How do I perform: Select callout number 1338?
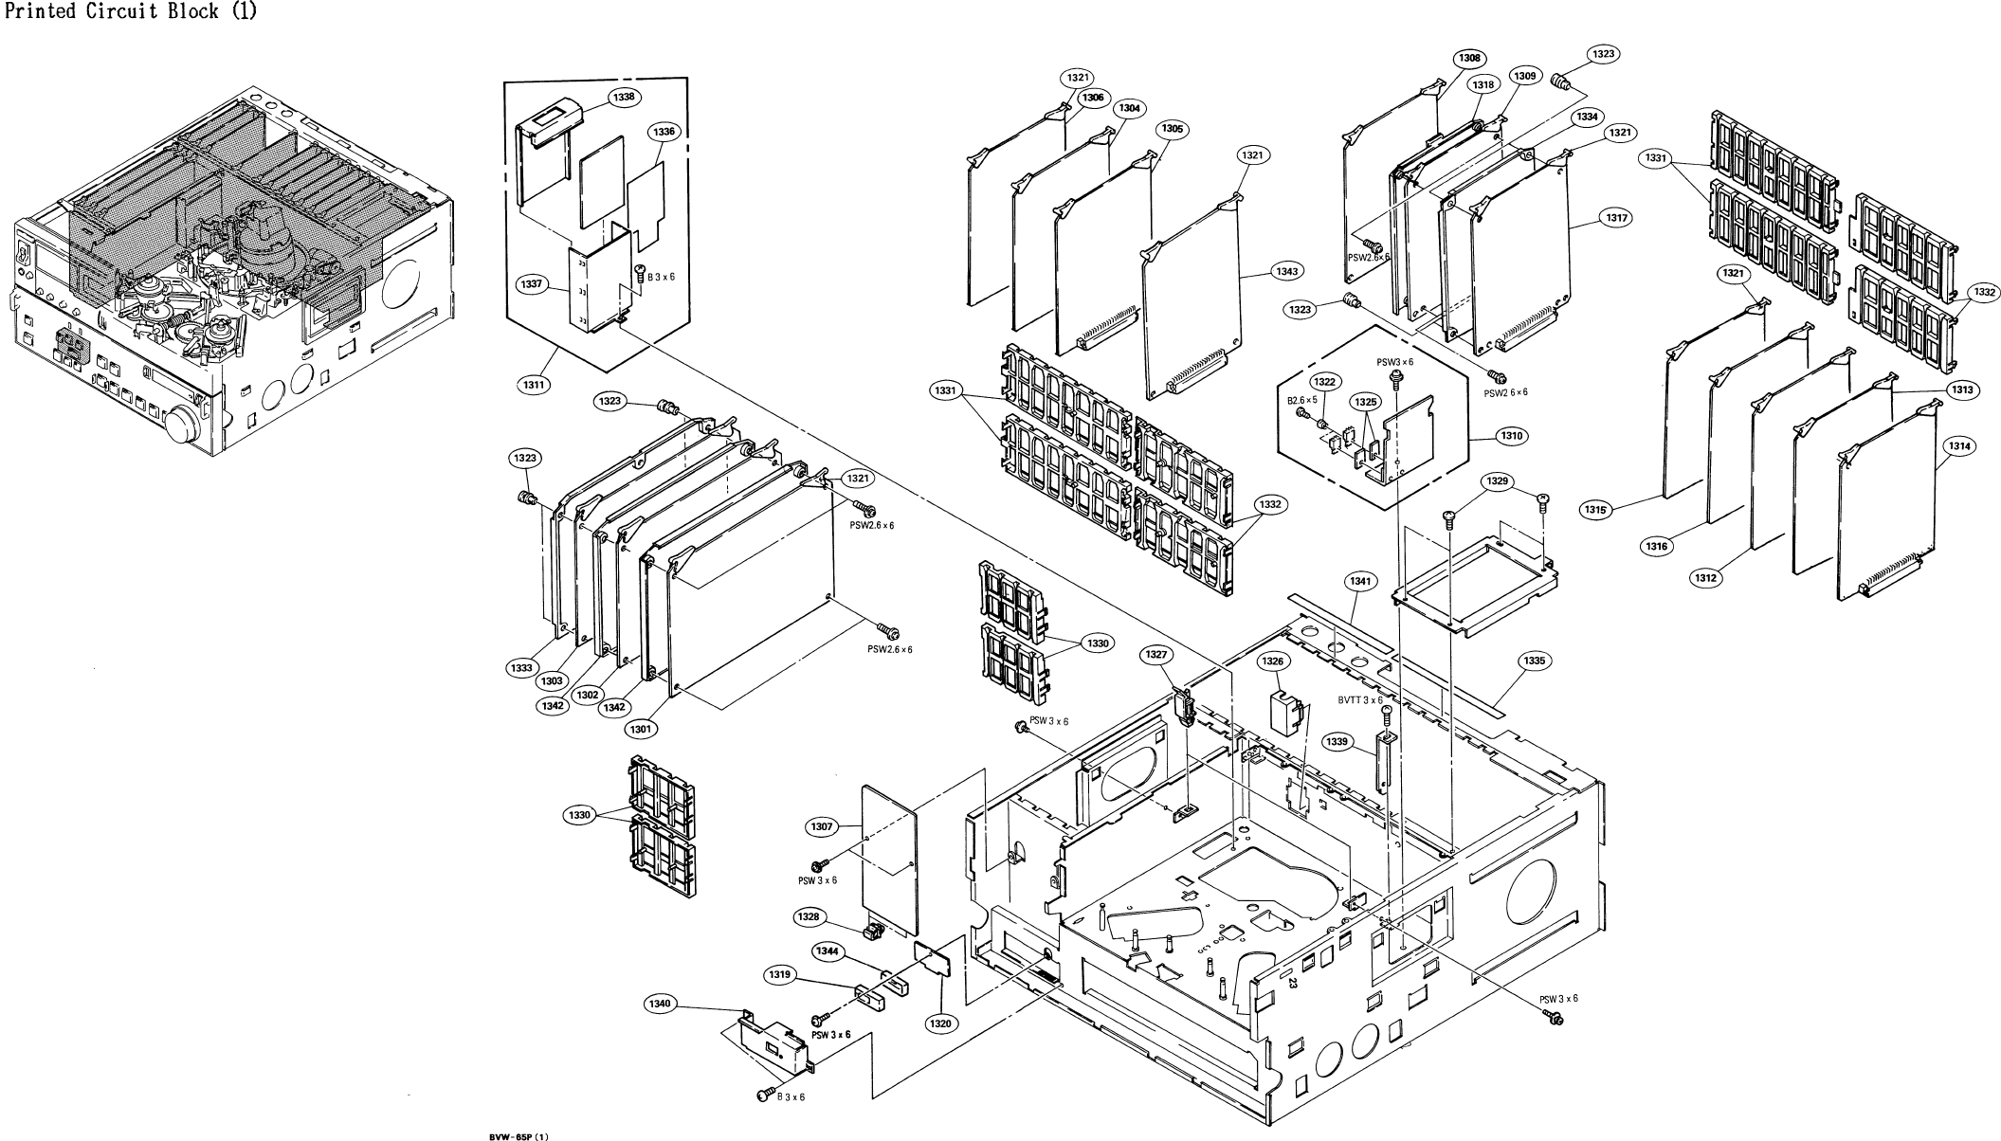625,97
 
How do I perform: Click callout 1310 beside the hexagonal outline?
1510,436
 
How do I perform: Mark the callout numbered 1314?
1958,445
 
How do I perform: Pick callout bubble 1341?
1360,581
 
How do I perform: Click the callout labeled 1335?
1533,661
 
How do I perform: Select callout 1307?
822,827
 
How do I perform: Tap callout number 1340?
660,1004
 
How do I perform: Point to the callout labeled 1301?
640,729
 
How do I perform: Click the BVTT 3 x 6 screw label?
1360,700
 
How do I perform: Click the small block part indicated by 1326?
1282,713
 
